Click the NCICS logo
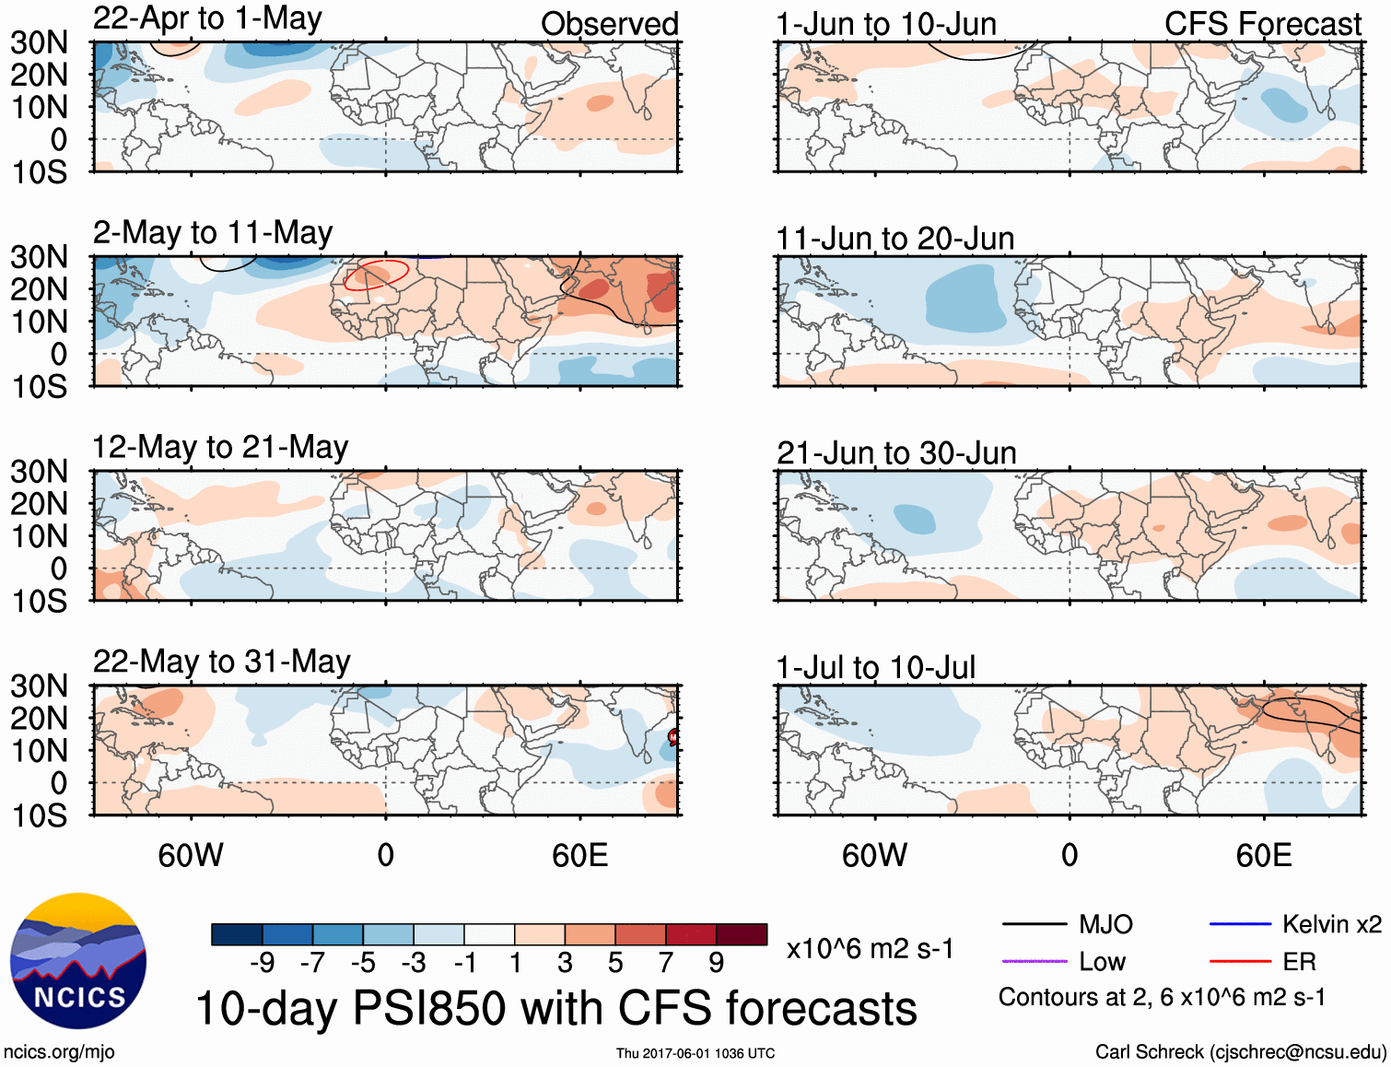pos(78,961)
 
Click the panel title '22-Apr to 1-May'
pos(207,18)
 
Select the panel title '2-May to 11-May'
pos(213,233)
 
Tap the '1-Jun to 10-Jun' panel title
pos(886,24)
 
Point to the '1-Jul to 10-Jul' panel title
pos(875,667)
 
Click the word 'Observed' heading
pos(610,24)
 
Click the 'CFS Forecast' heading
pos(1262,24)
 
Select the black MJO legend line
pos(1034,924)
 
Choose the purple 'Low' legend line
pos(1034,962)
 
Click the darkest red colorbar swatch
pos(742,934)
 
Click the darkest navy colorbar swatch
pos(237,934)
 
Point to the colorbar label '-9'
pos(263,963)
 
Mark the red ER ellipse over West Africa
pos(376,275)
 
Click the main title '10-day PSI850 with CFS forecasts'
pos(556,1008)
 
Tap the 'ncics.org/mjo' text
pos(60,1052)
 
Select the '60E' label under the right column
pos(1263,855)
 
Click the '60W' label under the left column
pos(191,855)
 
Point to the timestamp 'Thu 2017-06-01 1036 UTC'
pos(695,1053)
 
